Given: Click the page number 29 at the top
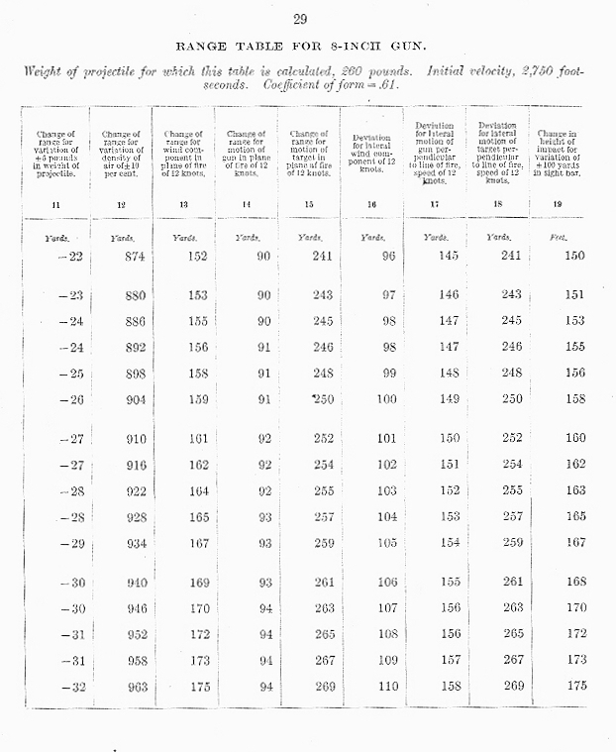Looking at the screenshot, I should (x=302, y=18).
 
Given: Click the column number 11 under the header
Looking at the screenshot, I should (x=62, y=205).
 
